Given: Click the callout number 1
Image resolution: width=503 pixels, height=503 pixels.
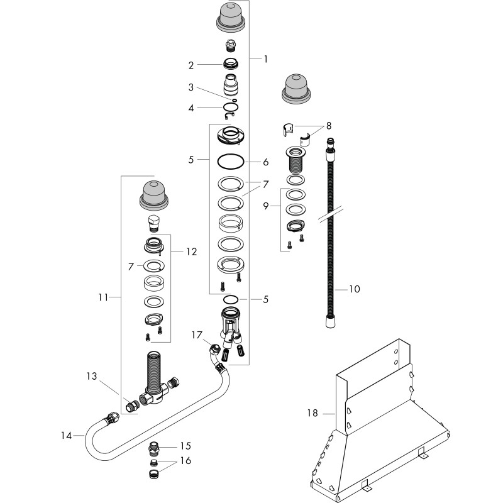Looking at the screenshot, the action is pyautogui.click(x=265, y=59).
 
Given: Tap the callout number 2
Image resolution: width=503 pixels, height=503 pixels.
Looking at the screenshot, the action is pyautogui.click(x=191, y=65).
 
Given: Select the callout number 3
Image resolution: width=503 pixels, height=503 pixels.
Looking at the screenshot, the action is pyautogui.click(x=191, y=87).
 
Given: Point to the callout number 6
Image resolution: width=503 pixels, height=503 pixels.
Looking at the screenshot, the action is pyautogui.click(x=265, y=162).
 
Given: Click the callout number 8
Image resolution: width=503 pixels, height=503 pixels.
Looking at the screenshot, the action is pyautogui.click(x=328, y=126).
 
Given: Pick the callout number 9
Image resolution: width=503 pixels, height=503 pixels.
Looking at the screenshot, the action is pyautogui.click(x=265, y=206).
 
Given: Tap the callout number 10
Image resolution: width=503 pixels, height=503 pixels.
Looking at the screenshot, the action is pyautogui.click(x=355, y=289).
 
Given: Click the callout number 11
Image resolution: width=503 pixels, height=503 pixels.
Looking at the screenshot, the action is pyautogui.click(x=103, y=297).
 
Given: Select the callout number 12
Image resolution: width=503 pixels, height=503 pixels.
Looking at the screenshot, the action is pyautogui.click(x=192, y=252).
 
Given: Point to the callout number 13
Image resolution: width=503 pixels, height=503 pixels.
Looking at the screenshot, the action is pyautogui.click(x=92, y=376).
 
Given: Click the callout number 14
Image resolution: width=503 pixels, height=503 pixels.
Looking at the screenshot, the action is pyautogui.click(x=67, y=436).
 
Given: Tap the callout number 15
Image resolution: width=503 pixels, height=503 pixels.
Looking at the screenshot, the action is pyautogui.click(x=185, y=446).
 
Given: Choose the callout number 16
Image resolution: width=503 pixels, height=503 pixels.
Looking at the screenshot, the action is pyautogui.click(x=185, y=461).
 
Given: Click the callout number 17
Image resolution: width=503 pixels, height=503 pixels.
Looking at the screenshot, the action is pyautogui.click(x=197, y=335).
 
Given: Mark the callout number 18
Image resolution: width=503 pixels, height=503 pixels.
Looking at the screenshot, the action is pyautogui.click(x=312, y=413).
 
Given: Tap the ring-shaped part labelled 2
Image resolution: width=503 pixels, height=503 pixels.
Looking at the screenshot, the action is pyautogui.click(x=231, y=64).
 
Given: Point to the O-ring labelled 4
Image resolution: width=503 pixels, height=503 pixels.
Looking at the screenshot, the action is pyautogui.click(x=231, y=107).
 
